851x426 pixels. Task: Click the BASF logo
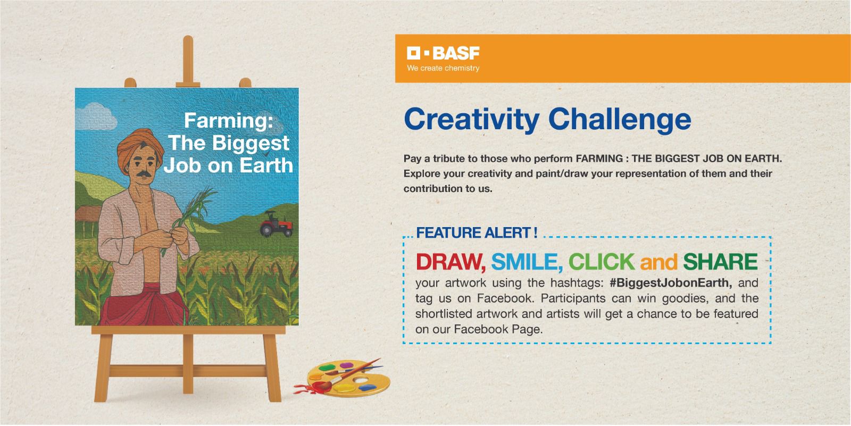[443, 53]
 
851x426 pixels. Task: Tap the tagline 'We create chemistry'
[443, 69]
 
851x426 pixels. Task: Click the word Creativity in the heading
[471, 120]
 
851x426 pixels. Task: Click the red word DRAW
[450, 262]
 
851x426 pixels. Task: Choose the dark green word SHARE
[720, 262]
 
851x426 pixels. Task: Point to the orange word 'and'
[658, 262]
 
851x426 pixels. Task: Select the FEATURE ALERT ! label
[477, 233]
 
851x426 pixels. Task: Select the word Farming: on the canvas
[228, 121]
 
